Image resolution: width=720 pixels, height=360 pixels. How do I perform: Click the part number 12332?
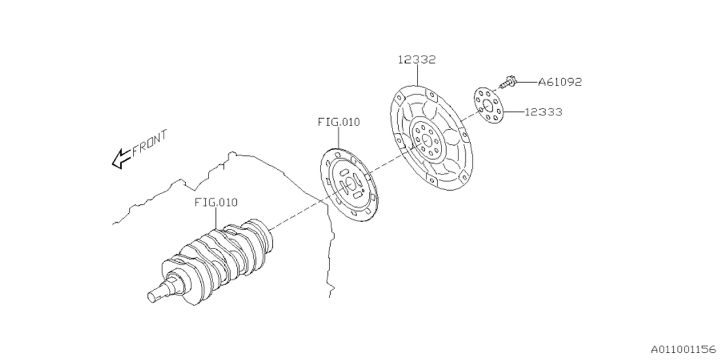click(417, 60)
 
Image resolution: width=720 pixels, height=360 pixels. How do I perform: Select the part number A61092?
click(559, 82)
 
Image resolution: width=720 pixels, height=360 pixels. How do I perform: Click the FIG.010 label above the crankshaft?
click(216, 202)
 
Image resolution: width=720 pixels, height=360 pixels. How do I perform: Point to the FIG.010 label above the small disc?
click(339, 121)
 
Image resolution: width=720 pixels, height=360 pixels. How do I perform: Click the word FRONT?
click(150, 144)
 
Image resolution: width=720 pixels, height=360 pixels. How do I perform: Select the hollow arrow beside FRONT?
click(121, 159)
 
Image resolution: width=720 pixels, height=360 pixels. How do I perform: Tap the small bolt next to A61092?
click(508, 83)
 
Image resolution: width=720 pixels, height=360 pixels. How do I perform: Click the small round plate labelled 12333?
click(487, 105)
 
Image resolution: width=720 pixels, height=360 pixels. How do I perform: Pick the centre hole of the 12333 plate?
click(487, 106)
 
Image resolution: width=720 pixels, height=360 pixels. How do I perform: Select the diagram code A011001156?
click(683, 348)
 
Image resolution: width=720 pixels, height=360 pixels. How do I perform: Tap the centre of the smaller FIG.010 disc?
click(349, 184)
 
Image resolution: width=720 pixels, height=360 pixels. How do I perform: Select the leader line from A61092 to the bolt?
click(525, 82)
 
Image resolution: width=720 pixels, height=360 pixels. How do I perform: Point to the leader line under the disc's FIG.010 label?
click(339, 138)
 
